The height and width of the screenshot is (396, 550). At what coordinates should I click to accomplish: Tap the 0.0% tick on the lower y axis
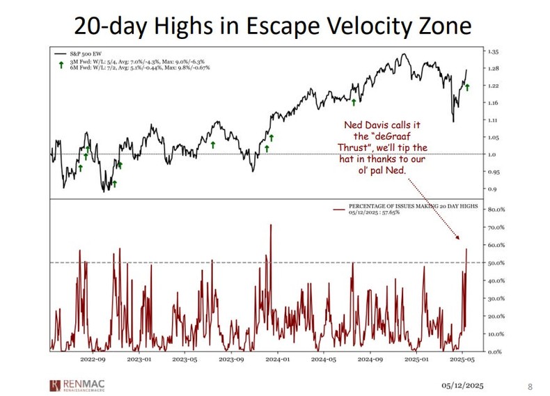click(x=494, y=352)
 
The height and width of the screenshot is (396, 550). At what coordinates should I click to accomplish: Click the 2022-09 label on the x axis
click(x=93, y=361)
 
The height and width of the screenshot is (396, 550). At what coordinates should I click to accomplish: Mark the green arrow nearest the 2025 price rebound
click(x=468, y=87)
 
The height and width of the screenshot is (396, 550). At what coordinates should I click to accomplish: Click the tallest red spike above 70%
click(x=270, y=225)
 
